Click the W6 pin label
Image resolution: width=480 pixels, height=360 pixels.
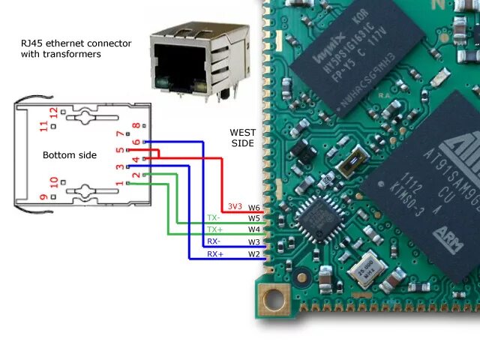254,207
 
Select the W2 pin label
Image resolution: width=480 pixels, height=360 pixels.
254,254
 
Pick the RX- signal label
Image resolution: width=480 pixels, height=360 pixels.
214,242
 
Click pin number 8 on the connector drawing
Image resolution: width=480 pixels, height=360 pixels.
136,127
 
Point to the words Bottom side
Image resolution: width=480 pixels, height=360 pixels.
70,154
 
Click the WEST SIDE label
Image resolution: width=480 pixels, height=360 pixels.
241,137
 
